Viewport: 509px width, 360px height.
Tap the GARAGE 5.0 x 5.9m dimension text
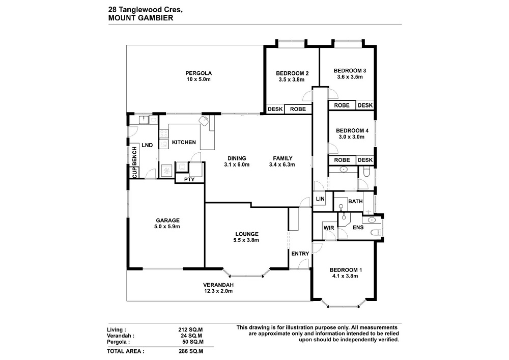167,227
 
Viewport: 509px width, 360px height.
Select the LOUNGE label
247,234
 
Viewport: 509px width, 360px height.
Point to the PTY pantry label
189,179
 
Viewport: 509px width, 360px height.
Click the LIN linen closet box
320,199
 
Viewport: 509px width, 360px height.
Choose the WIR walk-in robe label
329,228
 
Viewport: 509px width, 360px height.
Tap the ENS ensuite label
358,227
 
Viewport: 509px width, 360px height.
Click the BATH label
355,201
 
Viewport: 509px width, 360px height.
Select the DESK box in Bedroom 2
275,109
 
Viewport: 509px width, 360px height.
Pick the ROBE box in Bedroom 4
342,160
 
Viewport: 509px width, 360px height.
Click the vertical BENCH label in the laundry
134,155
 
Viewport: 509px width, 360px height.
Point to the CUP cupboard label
134,173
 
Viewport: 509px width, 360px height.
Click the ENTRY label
300,254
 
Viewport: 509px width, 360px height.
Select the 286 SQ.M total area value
191,351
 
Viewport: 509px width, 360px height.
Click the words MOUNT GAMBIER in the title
140,18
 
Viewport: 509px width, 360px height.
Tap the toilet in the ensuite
376,232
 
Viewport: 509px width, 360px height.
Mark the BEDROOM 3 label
350,70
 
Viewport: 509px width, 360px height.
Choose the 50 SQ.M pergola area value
193,342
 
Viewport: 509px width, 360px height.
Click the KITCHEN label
184,142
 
